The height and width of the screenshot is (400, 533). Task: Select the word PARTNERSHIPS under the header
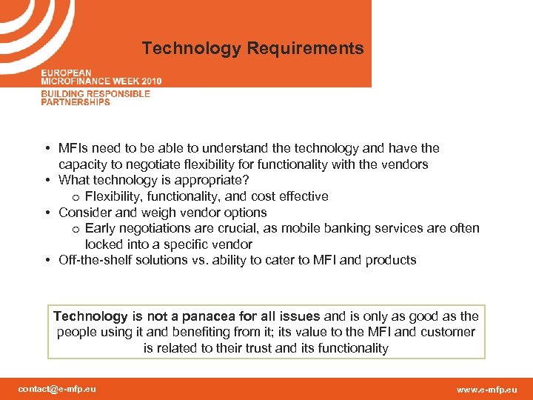pos(76,102)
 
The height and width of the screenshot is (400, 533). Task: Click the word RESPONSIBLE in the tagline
pos(118,94)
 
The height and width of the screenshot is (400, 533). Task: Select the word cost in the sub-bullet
pos(275,196)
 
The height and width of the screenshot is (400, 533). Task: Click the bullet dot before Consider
pos(47,213)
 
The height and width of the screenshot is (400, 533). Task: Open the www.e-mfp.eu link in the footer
pos(487,389)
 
